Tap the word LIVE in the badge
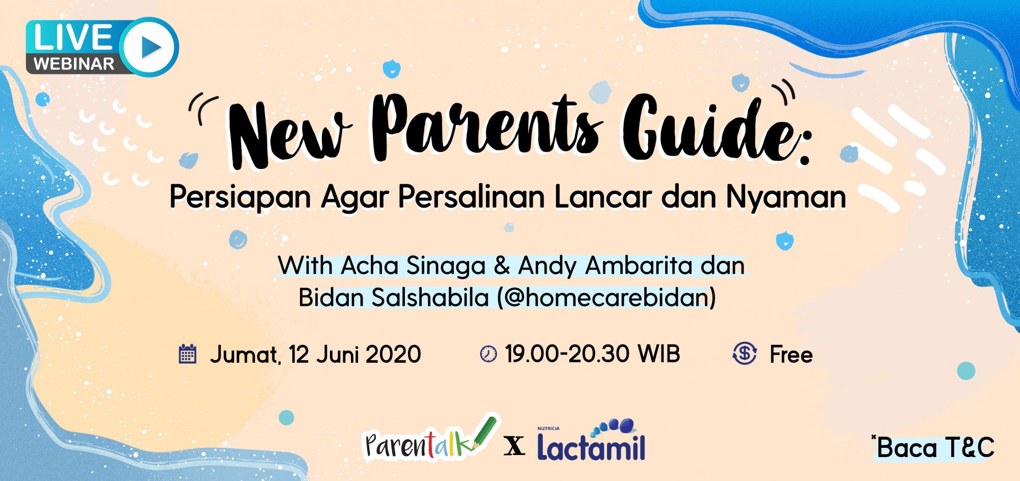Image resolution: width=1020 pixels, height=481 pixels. click(x=72, y=37)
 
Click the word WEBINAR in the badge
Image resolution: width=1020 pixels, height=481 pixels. click(x=74, y=64)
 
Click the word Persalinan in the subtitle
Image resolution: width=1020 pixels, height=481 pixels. click(x=471, y=197)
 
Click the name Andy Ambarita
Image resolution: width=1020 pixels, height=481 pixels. click(x=605, y=266)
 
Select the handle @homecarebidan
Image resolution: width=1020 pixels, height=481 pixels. click(x=607, y=297)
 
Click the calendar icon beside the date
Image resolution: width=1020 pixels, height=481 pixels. click(x=188, y=353)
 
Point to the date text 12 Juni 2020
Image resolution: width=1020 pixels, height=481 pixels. click(x=355, y=354)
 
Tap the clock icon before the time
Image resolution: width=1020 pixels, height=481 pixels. click(x=488, y=354)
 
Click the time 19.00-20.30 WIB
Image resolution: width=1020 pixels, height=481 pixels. click(x=593, y=354)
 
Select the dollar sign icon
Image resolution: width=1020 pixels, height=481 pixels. click(x=745, y=353)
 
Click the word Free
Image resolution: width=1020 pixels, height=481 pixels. click(x=791, y=355)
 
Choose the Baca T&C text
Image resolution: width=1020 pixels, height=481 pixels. click(x=934, y=448)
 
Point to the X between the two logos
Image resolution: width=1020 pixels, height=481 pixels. click(x=515, y=446)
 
